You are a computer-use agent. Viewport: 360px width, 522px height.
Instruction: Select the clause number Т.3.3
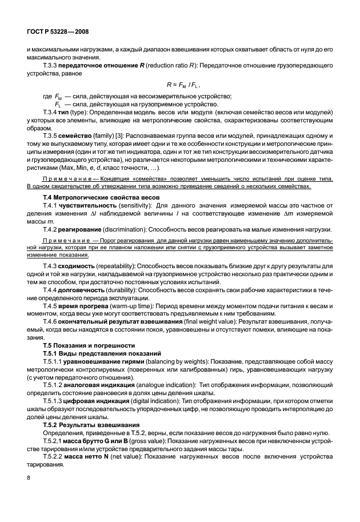pyautogui.click(x=52, y=66)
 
